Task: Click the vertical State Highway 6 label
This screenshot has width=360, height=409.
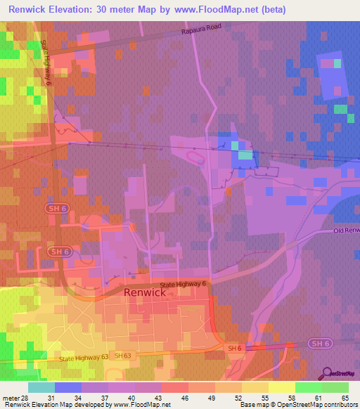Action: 48,63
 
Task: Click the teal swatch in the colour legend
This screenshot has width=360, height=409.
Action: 41,387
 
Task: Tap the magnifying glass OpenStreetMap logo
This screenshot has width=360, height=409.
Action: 328,375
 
